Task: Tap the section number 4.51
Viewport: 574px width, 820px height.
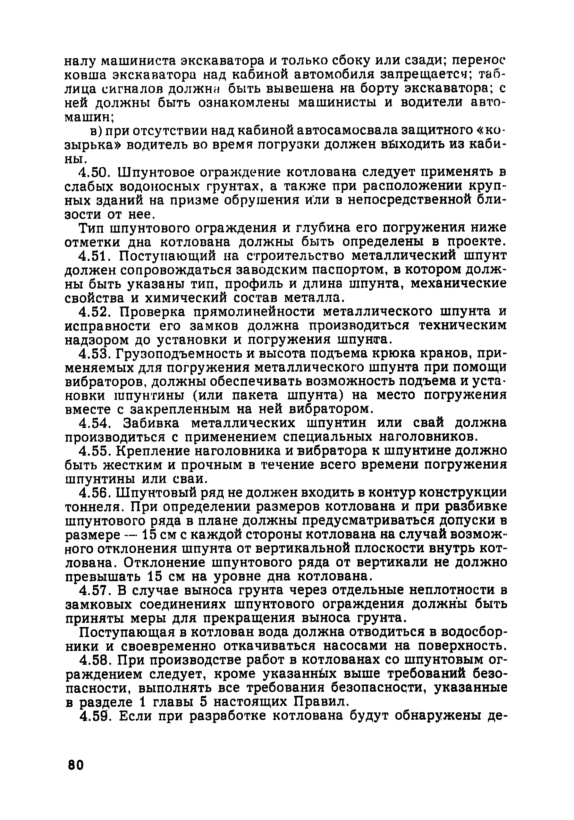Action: point(93,256)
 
